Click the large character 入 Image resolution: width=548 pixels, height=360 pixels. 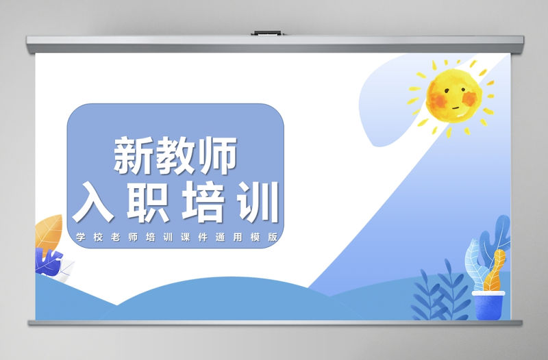click(94, 201)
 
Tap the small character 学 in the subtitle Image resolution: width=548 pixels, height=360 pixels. click(81, 237)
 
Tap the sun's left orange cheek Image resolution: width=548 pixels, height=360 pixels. click(436, 103)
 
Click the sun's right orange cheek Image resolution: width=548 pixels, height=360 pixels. click(471, 101)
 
